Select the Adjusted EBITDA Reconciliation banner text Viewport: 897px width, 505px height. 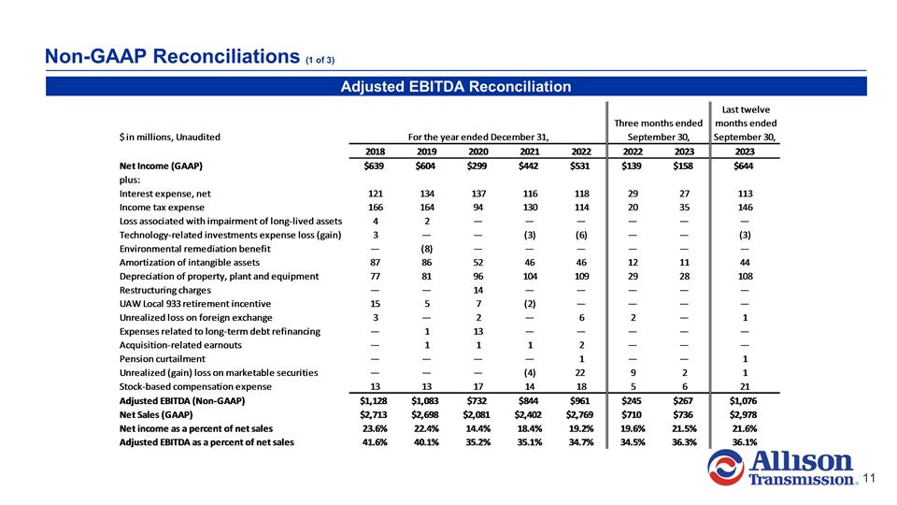pos(455,87)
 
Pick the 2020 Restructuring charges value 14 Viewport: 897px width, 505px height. pos(478,290)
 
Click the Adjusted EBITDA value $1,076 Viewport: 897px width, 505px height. pos(743,401)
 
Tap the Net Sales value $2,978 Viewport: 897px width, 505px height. pos(743,414)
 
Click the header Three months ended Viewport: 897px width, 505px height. pos(657,123)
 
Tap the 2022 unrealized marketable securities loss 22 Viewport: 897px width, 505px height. pos(580,373)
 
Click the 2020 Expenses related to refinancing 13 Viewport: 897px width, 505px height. pos(478,331)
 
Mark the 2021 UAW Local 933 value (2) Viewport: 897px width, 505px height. pos(529,304)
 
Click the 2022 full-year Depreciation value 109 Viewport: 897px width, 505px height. pos(580,276)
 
